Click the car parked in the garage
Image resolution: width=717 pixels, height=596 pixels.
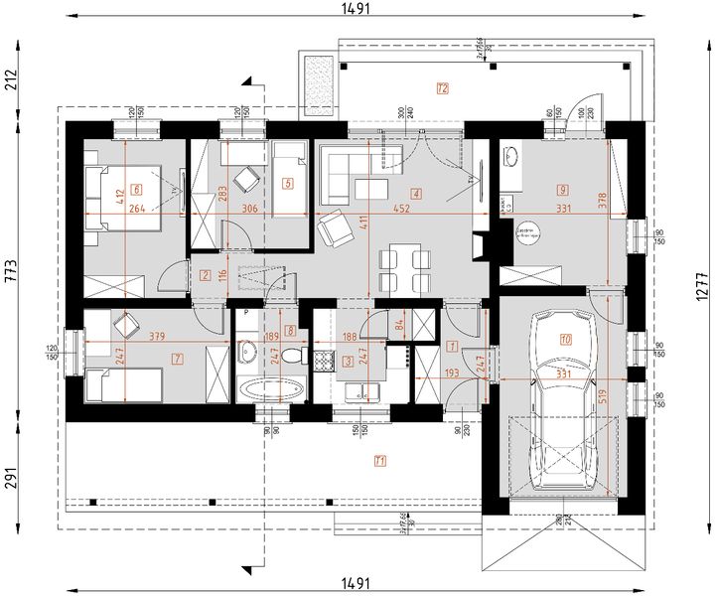tap(563, 397)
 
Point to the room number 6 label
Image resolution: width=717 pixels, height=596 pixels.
tap(135, 188)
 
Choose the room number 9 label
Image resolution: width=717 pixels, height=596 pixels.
tap(562, 188)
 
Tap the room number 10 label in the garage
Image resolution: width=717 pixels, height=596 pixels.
tap(566, 339)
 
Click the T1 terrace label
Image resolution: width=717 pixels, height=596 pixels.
tap(380, 460)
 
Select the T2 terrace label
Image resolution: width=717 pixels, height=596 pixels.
tap(443, 89)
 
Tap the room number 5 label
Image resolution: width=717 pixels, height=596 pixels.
tap(287, 183)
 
